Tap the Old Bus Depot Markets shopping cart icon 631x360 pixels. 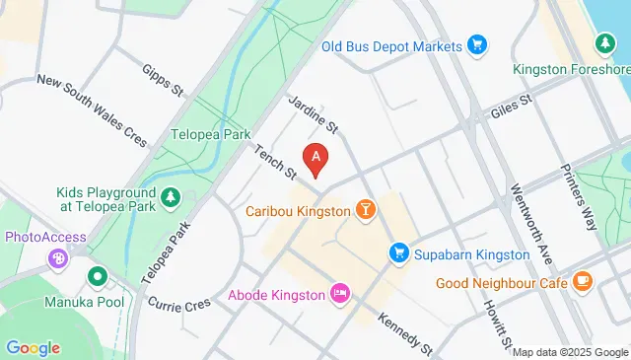pyautogui.click(x=477, y=45)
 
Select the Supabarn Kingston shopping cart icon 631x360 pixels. pyautogui.click(x=399, y=253)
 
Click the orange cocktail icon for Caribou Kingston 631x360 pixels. pyautogui.click(x=366, y=210)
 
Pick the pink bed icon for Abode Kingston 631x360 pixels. pyautogui.click(x=340, y=293)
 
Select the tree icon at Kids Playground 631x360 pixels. pyautogui.click(x=171, y=197)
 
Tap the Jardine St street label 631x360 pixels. pyautogui.click(x=314, y=113)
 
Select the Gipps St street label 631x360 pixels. pyautogui.click(x=163, y=80)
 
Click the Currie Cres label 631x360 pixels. pyautogui.click(x=179, y=305)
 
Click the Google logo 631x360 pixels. pyautogui.click(x=33, y=347)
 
